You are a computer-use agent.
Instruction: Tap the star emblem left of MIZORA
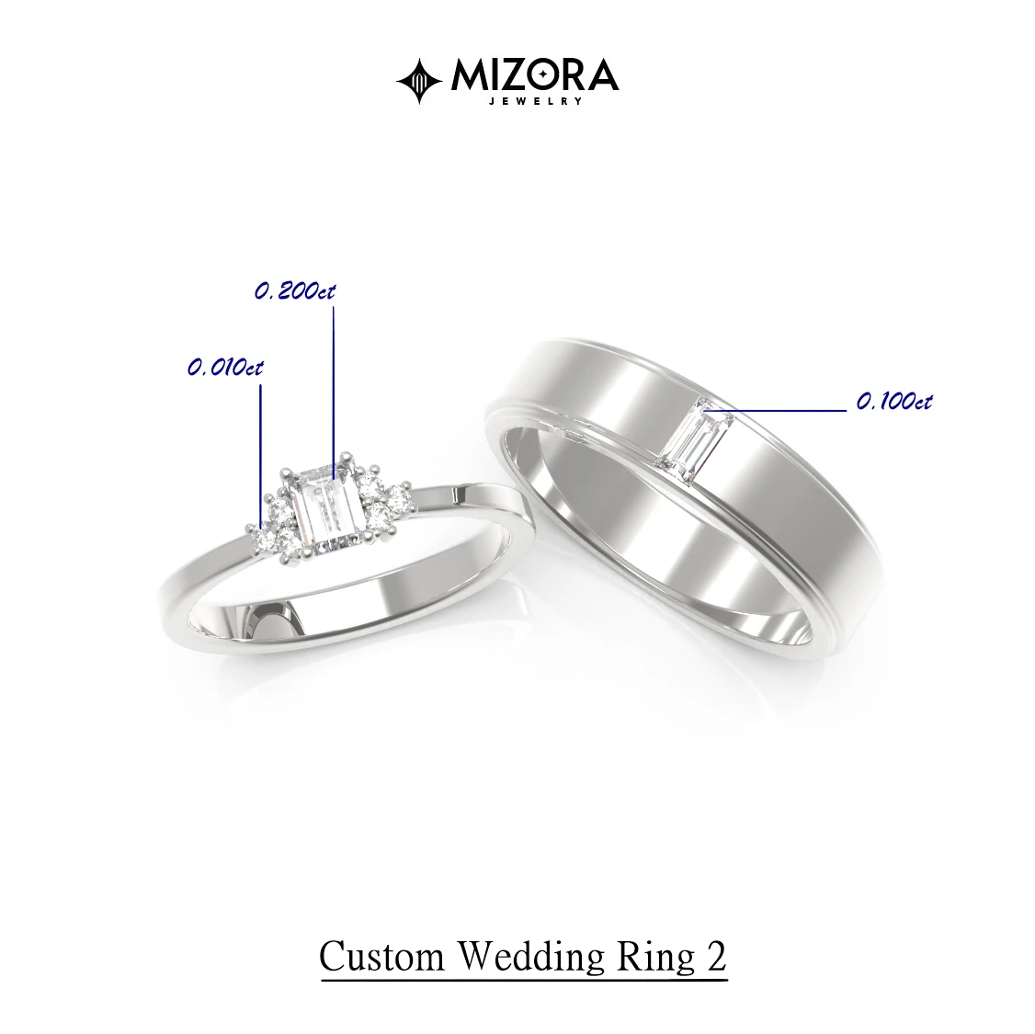(x=419, y=81)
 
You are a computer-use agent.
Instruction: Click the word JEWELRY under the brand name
(x=535, y=101)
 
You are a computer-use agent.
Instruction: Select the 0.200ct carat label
(x=295, y=291)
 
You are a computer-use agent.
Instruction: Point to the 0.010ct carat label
(x=225, y=367)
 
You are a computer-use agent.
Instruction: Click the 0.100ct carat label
(x=894, y=402)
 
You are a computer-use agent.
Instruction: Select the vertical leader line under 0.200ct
(x=334, y=392)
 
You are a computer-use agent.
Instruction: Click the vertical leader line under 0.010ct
(x=261, y=456)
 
